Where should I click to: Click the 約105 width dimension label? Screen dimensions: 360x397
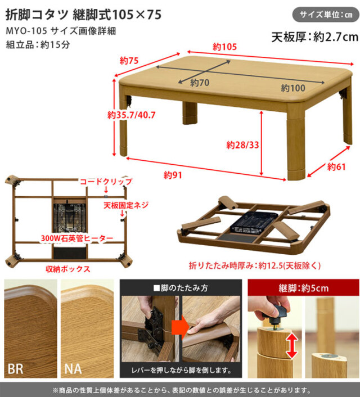pos(224,47)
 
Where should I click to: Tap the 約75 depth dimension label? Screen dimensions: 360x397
pos(129,61)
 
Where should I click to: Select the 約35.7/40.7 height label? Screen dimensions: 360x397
pos(131,115)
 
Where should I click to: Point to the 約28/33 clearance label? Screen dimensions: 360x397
pos(242,145)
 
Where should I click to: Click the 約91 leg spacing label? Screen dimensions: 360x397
pos(173,175)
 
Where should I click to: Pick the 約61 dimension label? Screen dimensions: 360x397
pos(336,167)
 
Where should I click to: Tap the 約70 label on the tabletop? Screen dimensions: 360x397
pos(200,83)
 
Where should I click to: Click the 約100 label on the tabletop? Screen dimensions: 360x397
pos(293,88)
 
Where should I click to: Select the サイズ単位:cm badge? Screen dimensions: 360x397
pos(326,15)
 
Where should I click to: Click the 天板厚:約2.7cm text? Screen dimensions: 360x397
pos(315,37)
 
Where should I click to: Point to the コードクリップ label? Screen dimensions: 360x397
pos(106,182)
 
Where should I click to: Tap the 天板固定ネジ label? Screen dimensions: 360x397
pos(125,205)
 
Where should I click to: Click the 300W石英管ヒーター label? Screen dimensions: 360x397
pos(77,238)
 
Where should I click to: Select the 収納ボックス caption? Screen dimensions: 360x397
pos(68,269)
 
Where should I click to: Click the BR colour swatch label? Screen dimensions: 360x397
pos(15,369)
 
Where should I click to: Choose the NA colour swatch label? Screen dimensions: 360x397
pos(73,369)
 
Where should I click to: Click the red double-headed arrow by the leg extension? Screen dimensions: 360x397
pos(291,346)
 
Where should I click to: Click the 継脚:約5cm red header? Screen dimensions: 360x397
pos(303,288)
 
